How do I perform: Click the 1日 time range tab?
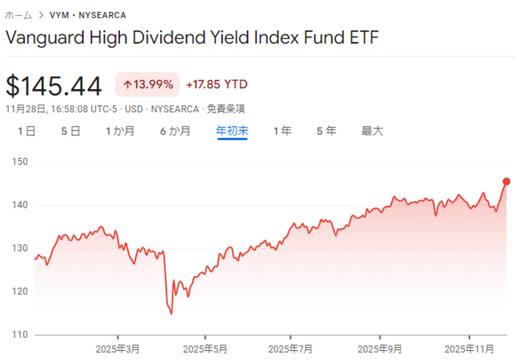(x=27, y=131)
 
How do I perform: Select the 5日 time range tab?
(x=71, y=131)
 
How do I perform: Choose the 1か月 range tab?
(x=120, y=131)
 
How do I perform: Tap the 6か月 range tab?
(x=175, y=131)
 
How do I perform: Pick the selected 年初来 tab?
(x=232, y=131)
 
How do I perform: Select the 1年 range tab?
(x=282, y=131)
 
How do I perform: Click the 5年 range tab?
(x=326, y=131)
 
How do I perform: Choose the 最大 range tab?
(x=373, y=131)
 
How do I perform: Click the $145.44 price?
(x=54, y=87)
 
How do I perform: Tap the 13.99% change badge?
(x=147, y=85)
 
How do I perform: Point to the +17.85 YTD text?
(x=216, y=85)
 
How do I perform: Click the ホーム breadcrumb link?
(x=18, y=15)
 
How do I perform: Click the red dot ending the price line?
(x=506, y=182)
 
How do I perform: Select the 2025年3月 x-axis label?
(x=118, y=349)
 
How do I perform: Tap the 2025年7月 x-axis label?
(x=291, y=349)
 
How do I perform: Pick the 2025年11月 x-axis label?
(x=470, y=349)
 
